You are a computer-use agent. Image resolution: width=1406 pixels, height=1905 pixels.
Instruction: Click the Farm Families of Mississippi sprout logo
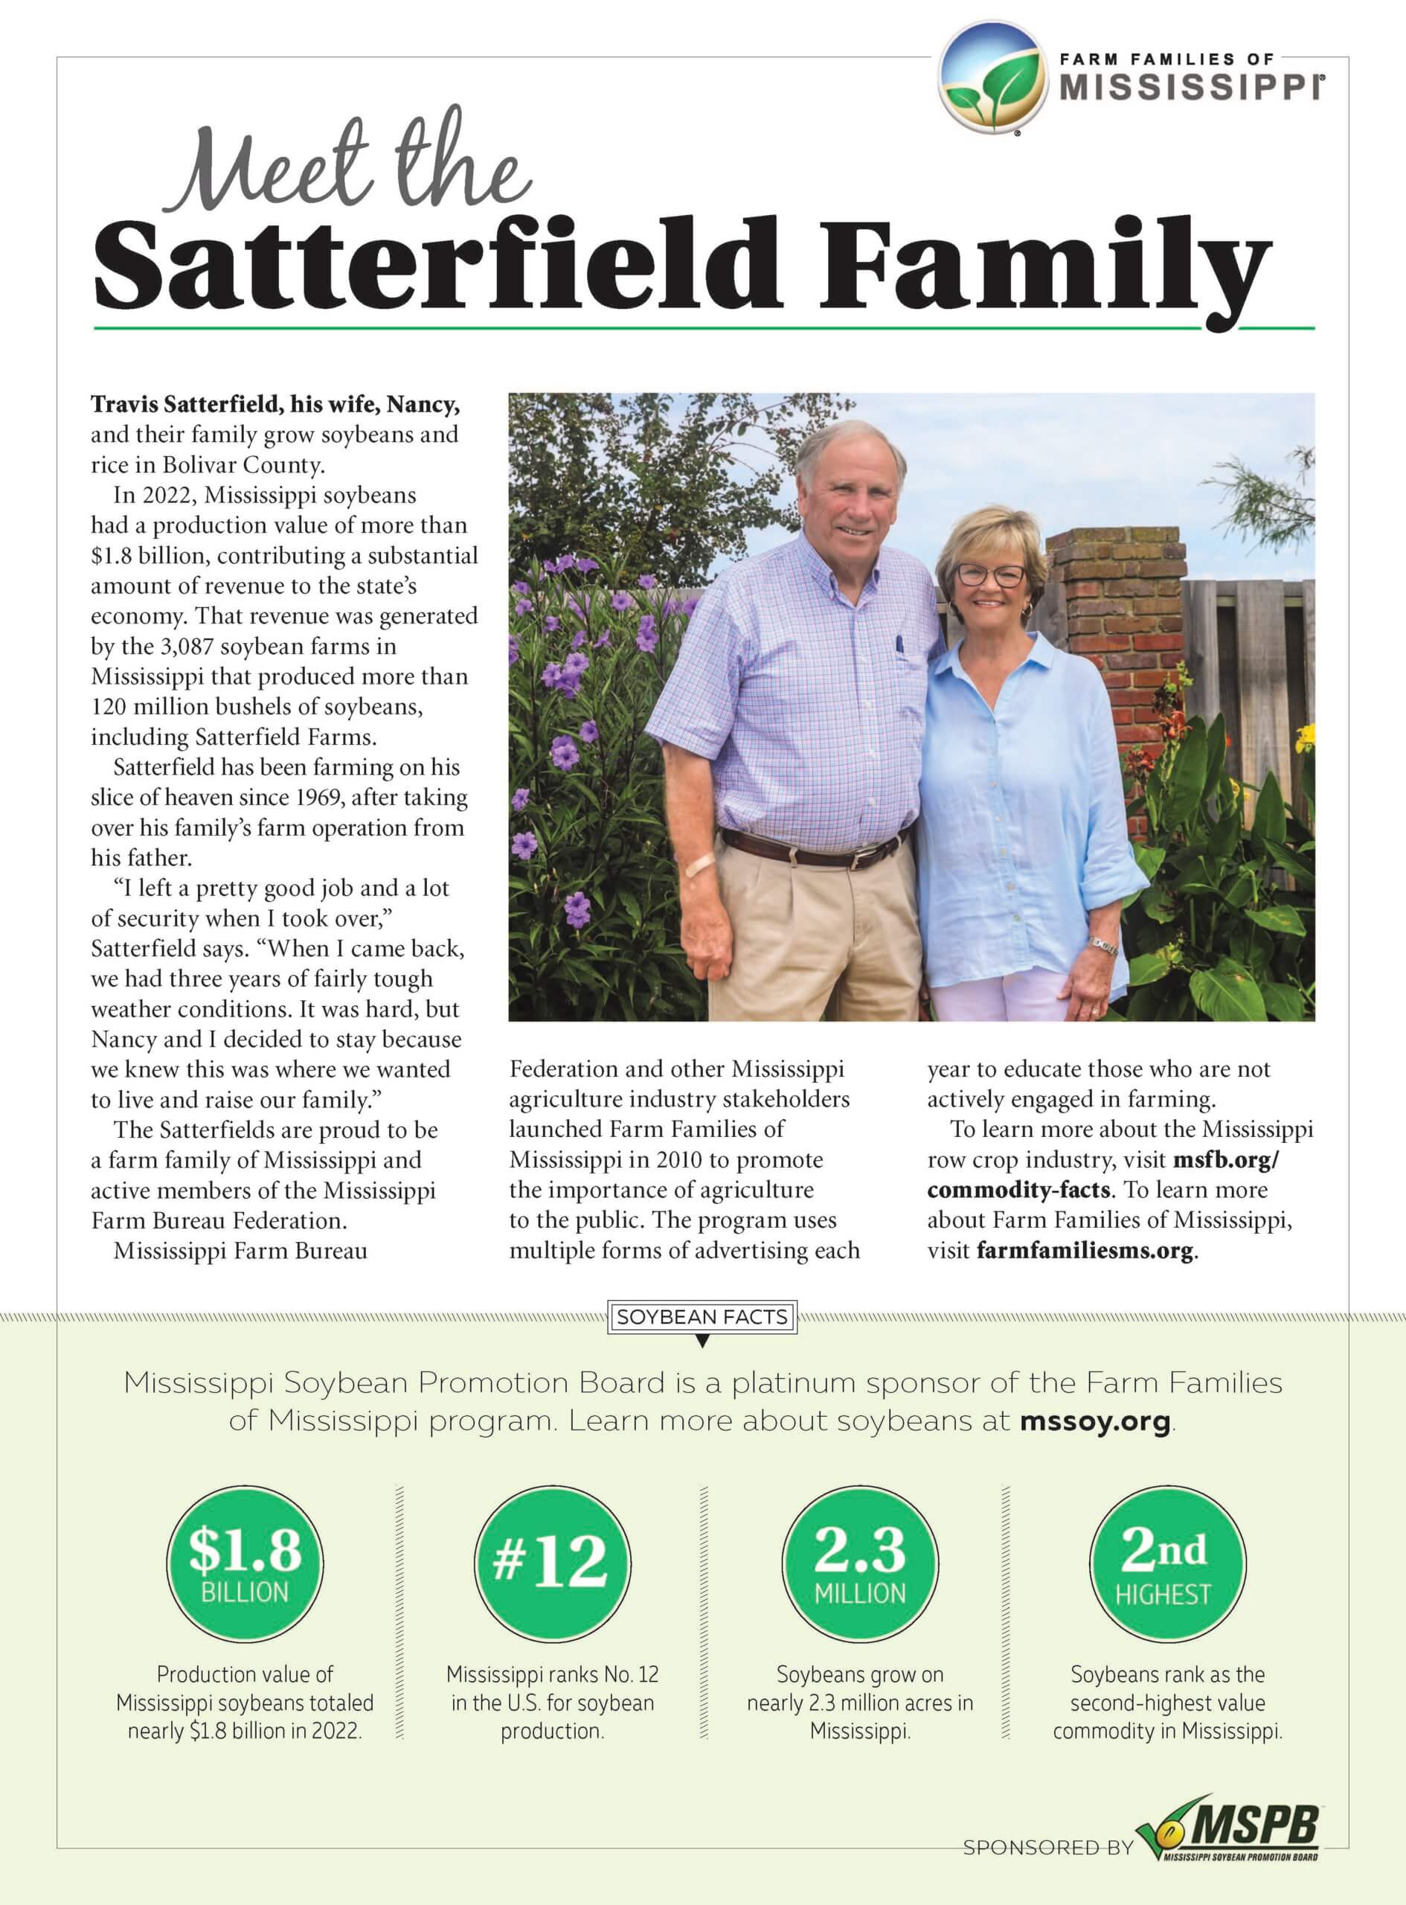coord(992,78)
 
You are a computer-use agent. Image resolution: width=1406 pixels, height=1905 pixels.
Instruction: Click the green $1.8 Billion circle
coord(245,1563)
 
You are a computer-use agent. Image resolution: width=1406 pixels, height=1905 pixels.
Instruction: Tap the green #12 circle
coord(552,1563)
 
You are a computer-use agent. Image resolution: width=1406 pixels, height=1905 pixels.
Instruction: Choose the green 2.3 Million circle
coord(860,1563)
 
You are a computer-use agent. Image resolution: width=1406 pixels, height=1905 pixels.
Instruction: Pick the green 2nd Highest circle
coord(1167,1563)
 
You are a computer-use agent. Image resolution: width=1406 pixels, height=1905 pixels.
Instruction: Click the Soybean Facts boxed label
coord(702,1317)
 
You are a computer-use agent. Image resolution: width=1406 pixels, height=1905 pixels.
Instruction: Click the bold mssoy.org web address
coord(1094,1421)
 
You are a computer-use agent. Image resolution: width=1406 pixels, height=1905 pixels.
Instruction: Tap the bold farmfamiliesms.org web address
coord(1085,1250)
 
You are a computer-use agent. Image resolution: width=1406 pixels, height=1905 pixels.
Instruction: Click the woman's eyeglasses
coord(992,575)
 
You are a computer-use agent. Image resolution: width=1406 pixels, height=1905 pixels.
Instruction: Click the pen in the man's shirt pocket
coord(898,644)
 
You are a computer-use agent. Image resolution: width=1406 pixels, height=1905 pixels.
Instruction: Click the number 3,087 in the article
coord(187,646)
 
